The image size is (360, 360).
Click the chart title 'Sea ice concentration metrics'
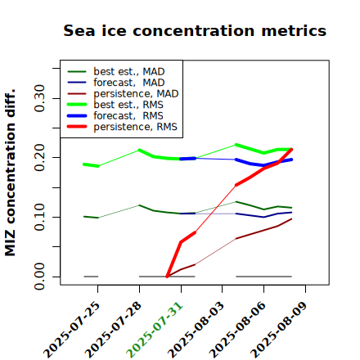[195, 31]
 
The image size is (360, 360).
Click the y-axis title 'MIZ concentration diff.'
[10, 173]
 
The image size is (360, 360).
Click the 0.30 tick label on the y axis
[40, 98]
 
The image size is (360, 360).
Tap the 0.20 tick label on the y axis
[40, 158]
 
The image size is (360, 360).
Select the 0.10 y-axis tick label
[40, 217]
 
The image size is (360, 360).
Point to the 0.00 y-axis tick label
[40, 277]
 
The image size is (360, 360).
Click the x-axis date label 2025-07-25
[72, 330]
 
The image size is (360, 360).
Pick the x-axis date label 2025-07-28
[114, 330]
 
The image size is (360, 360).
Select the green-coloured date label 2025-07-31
[155, 330]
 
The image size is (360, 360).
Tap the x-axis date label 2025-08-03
[196, 330]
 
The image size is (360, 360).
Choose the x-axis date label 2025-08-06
[238, 330]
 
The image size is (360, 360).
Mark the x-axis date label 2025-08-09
[279, 330]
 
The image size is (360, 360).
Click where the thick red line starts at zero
[167, 277]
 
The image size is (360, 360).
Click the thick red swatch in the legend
[77, 127]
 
